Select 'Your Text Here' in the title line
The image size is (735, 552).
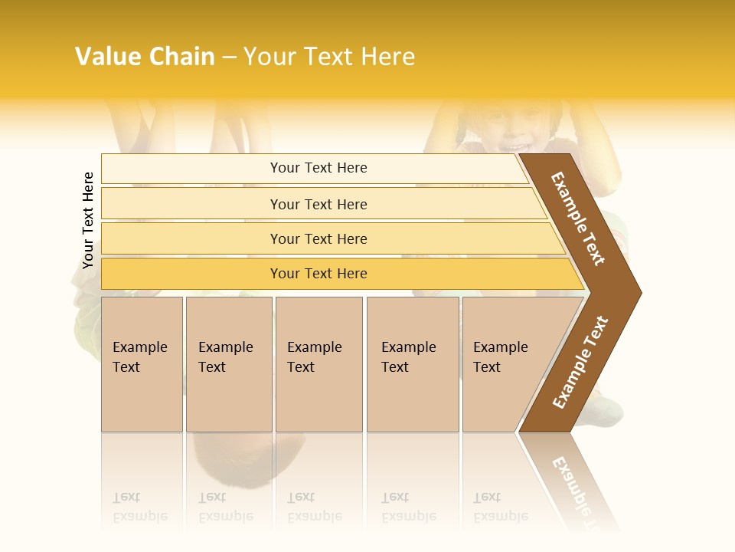pyautogui.click(x=329, y=57)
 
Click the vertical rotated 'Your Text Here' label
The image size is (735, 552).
pyautogui.click(x=88, y=221)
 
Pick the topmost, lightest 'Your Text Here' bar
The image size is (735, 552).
pyautogui.click(x=318, y=168)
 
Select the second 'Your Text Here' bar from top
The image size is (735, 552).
pyautogui.click(x=318, y=204)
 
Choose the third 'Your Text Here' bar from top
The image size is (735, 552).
pyautogui.click(x=318, y=238)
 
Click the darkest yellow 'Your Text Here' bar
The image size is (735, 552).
pyautogui.click(x=318, y=274)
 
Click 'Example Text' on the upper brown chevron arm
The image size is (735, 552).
pyautogui.click(x=578, y=219)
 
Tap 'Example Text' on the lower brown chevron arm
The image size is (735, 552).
pyautogui.click(x=580, y=363)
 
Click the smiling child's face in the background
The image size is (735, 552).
pyautogui.click(x=508, y=130)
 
